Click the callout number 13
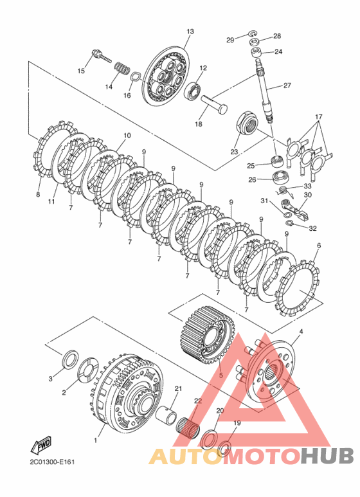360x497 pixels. pyautogui.click(x=190, y=32)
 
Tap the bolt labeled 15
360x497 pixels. pyautogui.click(x=102, y=57)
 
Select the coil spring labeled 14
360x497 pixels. pyautogui.click(x=122, y=68)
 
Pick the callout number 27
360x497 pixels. pyautogui.click(x=287, y=86)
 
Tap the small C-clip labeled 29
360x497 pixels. pyautogui.click(x=252, y=33)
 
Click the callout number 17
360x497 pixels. pyautogui.click(x=318, y=117)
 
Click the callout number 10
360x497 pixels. pyautogui.click(x=127, y=136)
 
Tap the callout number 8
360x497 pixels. pyautogui.click(x=38, y=195)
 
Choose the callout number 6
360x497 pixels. pyautogui.click(x=319, y=246)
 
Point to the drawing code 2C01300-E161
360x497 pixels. pyautogui.click(x=52, y=462)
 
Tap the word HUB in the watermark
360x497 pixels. pyautogui.click(x=327, y=456)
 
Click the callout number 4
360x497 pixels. pyautogui.click(x=301, y=332)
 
